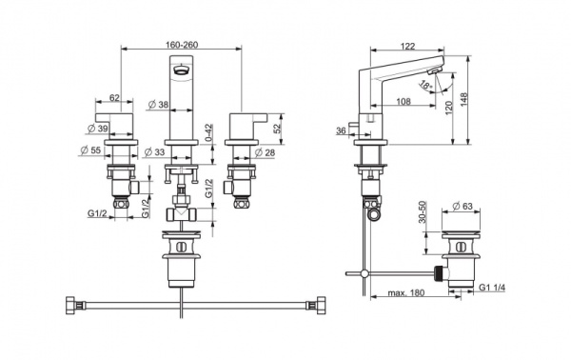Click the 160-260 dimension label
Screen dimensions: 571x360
click(x=182, y=45)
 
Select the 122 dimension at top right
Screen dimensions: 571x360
click(x=407, y=47)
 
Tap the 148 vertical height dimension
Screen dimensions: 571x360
click(x=463, y=99)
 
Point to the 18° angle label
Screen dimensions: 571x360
click(x=425, y=86)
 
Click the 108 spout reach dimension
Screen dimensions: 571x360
click(x=404, y=101)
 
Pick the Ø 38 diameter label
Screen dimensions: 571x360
click(x=158, y=105)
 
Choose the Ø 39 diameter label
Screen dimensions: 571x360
click(x=98, y=129)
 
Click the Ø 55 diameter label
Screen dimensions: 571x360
click(x=90, y=150)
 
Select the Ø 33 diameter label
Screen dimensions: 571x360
click(x=154, y=152)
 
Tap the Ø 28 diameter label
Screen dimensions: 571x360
click(x=265, y=152)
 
